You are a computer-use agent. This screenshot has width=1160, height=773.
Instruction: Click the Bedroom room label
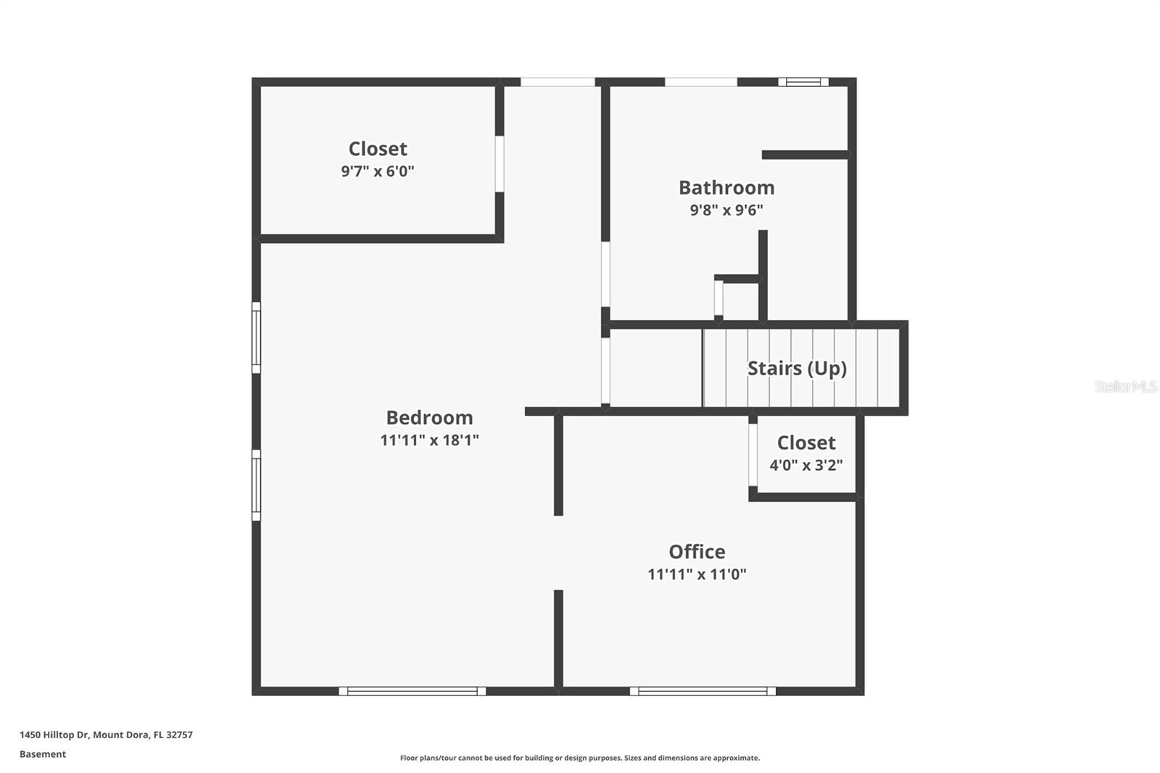(429, 418)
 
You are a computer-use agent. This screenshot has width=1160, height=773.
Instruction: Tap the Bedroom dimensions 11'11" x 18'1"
(429, 440)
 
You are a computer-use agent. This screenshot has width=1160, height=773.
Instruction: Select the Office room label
(697, 552)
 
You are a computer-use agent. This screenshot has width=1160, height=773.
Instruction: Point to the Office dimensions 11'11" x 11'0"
(697, 574)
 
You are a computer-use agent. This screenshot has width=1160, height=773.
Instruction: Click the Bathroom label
(726, 188)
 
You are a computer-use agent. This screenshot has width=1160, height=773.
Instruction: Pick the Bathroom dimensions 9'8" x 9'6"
(726, 210)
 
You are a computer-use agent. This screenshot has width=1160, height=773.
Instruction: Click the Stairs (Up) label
(797, 368)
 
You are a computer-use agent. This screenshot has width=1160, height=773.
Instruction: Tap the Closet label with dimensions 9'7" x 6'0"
(378, 149)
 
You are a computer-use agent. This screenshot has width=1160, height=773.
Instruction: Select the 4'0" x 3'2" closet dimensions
(806, 465)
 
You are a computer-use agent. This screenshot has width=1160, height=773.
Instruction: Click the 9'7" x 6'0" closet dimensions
(378, 171)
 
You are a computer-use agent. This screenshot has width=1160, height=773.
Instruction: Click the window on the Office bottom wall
(703, 691)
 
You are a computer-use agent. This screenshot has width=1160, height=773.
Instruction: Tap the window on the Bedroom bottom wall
(413, 691)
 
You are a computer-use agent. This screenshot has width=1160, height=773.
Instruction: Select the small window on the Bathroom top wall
(803, 82)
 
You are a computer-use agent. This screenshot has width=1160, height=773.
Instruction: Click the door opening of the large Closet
(500, 164)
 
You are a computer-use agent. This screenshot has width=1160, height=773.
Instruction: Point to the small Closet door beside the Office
(753, 455)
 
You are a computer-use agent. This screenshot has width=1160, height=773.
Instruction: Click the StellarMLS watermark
(1125, 386)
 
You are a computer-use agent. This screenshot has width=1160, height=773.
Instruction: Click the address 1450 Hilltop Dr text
(106, 735)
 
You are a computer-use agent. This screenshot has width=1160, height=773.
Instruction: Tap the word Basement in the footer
(43, 754)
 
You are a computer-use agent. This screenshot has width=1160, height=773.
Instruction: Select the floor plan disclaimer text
(580, 758)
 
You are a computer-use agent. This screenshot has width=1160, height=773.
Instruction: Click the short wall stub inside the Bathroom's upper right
(805, 154)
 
